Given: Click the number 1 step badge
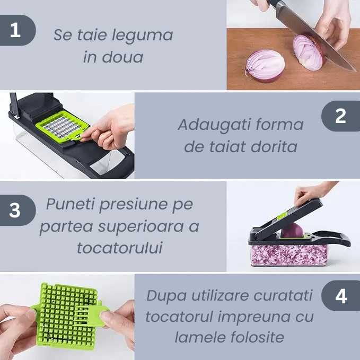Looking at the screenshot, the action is (16, 30).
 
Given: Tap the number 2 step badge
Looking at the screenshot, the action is (341, 116).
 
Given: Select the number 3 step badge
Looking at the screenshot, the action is (16, 210).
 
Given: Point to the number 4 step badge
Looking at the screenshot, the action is (341, 296).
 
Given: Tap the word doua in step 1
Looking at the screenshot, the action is (122, 57).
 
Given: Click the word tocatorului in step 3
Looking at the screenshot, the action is (120, 248).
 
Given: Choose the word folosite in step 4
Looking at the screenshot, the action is (257, 337).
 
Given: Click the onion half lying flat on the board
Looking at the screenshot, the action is (265, 66).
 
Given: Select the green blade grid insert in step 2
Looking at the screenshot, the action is (62, 127).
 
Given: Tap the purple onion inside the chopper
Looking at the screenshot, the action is (292, 231).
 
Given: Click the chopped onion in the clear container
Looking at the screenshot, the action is (289, 255).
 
